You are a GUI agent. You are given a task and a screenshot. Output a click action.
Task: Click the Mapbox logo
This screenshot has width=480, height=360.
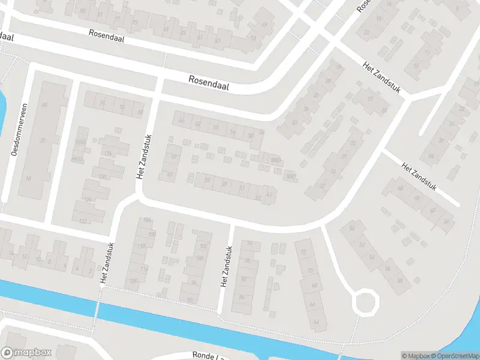(x=26, y=353)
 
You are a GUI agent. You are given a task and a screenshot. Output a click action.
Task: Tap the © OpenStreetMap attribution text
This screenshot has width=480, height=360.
(x=454, y=356)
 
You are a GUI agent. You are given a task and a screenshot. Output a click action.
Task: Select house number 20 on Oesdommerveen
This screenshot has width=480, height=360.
(x=43, y=140)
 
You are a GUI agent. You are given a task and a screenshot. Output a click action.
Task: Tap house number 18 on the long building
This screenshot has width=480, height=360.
(x=28, y=178)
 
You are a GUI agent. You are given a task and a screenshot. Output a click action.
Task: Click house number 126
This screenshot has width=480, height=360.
(x=88, y=199)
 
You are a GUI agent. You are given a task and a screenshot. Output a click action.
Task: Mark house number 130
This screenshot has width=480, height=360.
(x=103, y=176)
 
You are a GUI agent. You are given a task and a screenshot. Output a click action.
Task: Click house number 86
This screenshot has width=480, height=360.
(x=242, y=296)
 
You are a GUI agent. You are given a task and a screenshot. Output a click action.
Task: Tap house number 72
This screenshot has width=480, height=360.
(x=303, y=251)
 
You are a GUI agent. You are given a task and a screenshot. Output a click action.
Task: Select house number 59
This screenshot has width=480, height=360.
(x=208, y=179)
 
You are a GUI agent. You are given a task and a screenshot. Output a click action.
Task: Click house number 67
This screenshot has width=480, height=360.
(x=175, y=157)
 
